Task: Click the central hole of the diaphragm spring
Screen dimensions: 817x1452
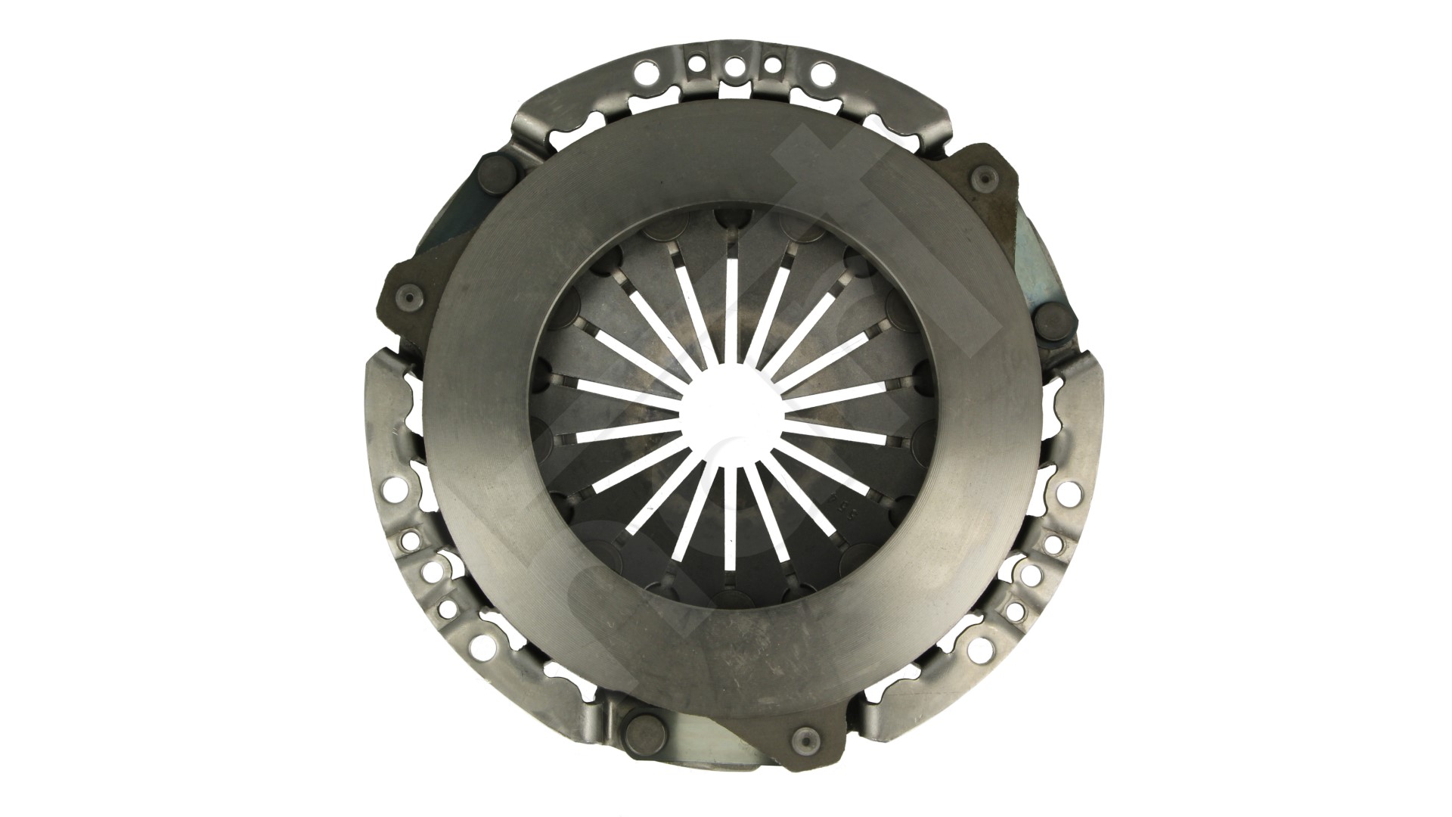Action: pos(728,409)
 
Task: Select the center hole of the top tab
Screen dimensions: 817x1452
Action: pos(732,66)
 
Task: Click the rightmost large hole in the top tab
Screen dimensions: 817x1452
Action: pos(820,73)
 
